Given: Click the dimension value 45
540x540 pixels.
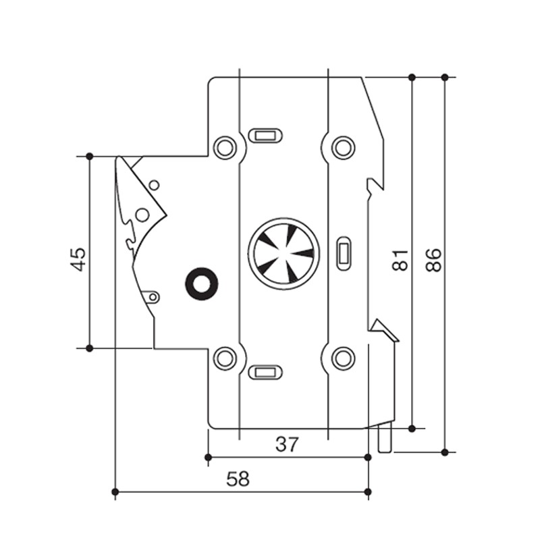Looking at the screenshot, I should [x=80, y=259].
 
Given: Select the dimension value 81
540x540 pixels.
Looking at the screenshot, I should [x=401, y=259].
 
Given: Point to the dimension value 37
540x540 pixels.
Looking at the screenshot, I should [x=288, y=444].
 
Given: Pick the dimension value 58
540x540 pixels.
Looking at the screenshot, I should [x=237, y=479].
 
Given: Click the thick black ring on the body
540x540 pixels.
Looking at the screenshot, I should [x=200, y=283].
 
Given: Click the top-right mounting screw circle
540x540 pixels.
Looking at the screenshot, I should [x=343, y=146].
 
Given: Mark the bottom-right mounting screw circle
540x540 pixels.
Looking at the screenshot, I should [x=343, y=357].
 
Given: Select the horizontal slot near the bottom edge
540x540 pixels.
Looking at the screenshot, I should [x=264, y=371].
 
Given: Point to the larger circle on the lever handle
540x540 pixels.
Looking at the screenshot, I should [x=142, y=215].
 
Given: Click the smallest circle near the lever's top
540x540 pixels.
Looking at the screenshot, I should [x=154, y=184].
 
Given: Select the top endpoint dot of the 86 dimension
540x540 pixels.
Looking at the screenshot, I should [x=444, y=77].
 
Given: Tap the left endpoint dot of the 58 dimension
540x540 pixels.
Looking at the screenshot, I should [x=115, y=491].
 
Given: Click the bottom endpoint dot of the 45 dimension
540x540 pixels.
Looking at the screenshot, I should [x=89, y=348].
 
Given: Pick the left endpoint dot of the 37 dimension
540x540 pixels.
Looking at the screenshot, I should [x=209, y=457].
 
